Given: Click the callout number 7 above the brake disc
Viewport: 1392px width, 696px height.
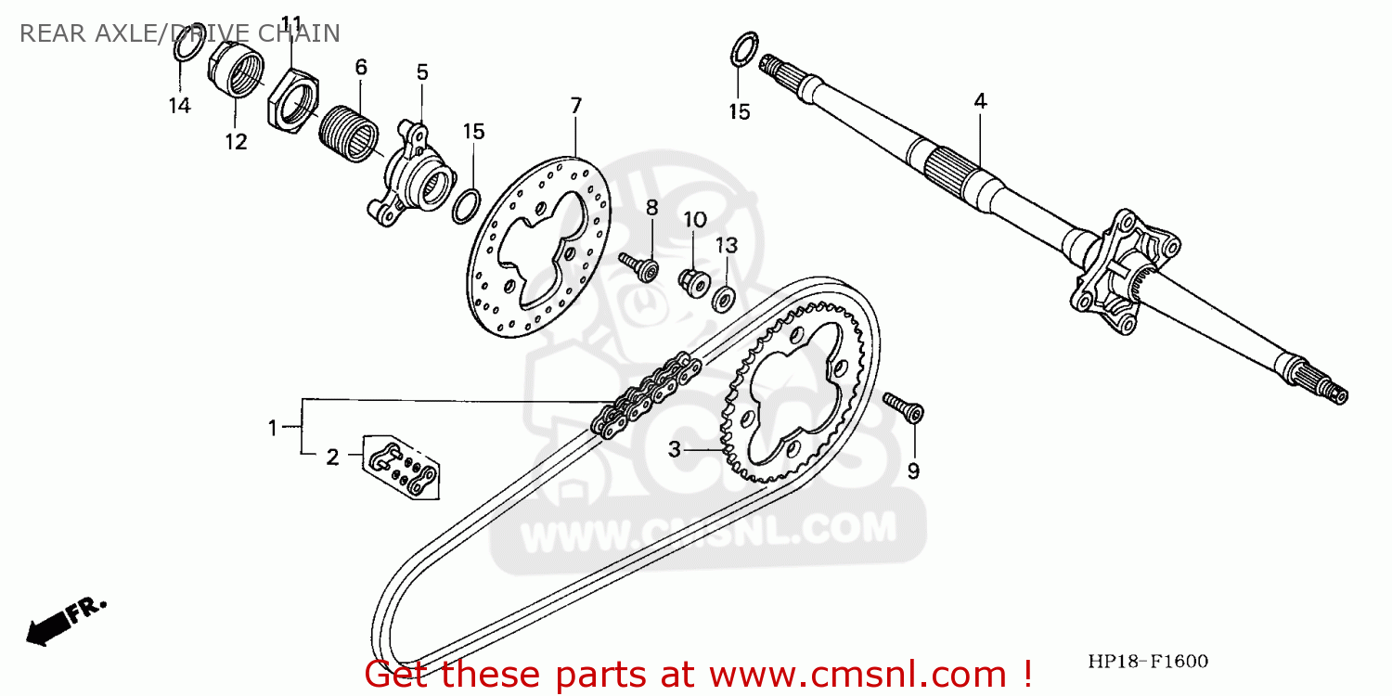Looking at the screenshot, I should coord(575,106).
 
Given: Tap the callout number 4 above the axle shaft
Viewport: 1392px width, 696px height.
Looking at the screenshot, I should coord(980,101).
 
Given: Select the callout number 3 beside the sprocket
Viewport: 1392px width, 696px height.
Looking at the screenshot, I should coord(676,449).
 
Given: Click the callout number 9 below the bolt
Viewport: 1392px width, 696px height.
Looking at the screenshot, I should coord(913,471).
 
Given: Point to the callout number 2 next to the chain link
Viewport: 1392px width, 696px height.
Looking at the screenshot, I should coord(332,456).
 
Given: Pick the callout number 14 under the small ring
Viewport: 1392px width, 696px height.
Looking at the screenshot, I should coord(179,106).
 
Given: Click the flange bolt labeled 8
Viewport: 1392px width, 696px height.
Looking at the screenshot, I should coord(641,266).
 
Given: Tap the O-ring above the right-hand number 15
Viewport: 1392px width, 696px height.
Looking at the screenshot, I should coord(744,48).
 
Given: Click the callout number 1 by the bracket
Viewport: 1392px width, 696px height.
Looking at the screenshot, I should coord(273,428).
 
